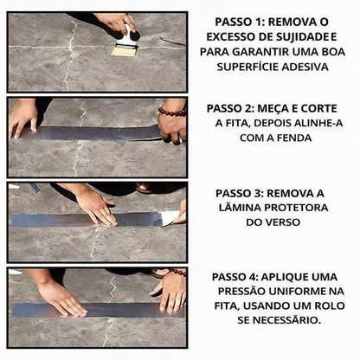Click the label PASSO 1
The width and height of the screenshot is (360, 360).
[235, 22]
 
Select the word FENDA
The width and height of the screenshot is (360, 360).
[290, 138]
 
